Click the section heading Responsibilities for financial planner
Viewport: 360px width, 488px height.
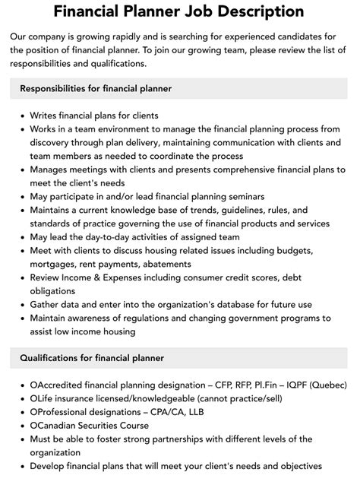click(x=96, y=89)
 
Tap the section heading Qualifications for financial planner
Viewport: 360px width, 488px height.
click(x=91, y=358)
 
